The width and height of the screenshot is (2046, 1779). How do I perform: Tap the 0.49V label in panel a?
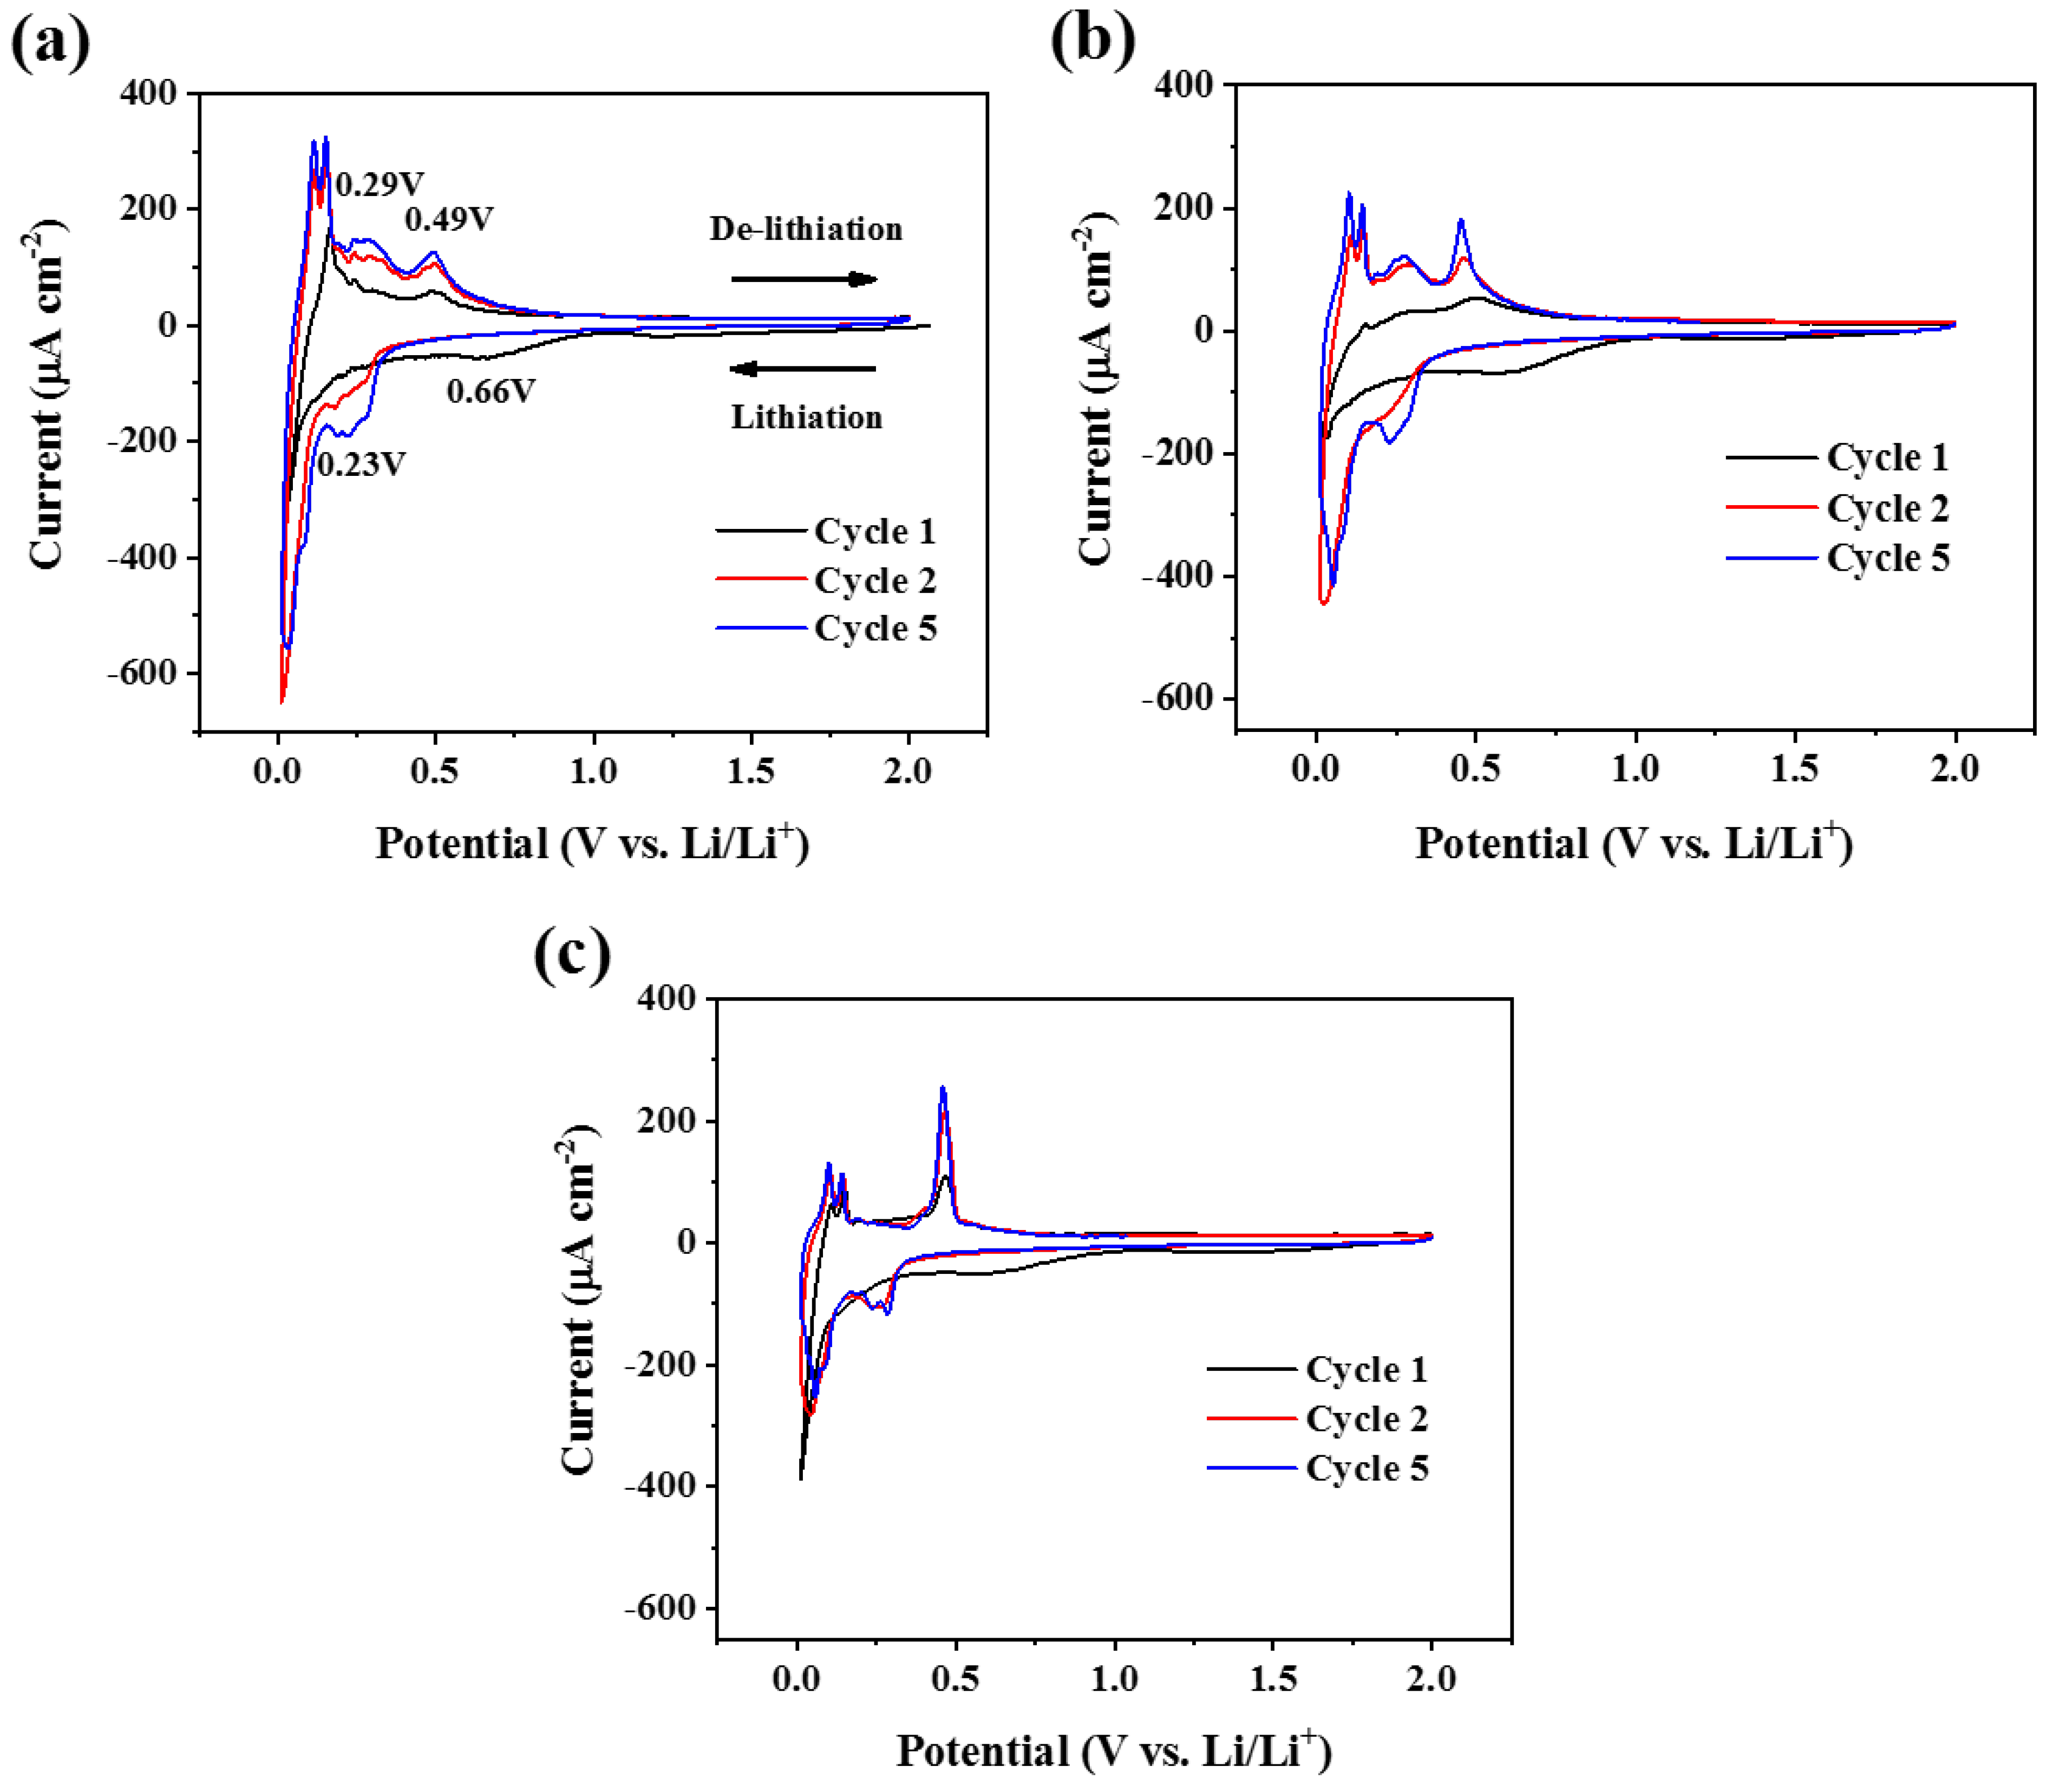tap(449, 218)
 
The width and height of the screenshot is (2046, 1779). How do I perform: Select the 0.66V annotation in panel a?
tap(491, 391)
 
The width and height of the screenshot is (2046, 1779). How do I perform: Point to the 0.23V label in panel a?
tap(361, 463)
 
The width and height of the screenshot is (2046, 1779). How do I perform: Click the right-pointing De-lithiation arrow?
tap(804, 279)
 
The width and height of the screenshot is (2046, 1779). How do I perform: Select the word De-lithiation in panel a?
tap(805, 230)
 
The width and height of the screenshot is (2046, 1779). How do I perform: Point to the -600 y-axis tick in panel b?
tap(1179, 698)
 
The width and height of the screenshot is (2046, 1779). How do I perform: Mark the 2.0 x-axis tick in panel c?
tap(1430, 1678)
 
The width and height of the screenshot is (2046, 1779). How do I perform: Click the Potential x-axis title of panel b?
tap(1633, 844)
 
